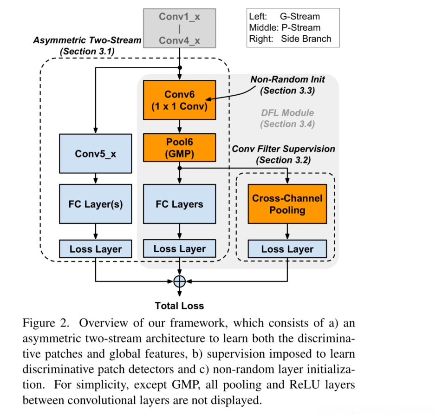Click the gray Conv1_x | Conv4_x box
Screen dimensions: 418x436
click(x=179, y=28)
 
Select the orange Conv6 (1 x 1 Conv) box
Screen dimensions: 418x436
click(x=179, y=100)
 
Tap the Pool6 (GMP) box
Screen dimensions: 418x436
click(x=179, y=146)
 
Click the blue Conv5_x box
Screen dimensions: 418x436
click(x=96, y=153)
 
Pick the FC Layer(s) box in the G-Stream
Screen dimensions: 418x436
click(x=96, y=204)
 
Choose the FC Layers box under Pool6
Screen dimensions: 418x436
click(x=179, y=204)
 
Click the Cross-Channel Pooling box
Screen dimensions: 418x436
click(x=287, y=204)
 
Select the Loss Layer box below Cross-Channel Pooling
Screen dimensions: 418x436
click(x=287, y=249)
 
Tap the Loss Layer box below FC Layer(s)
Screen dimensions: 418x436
click(x=96, y=249)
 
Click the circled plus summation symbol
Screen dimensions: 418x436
click(x=179, y=281)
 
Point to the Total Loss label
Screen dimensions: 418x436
click(x=179, y=306)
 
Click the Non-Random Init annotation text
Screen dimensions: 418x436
click(x=287, y=79)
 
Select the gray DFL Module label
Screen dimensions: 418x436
click(x=287, y=113)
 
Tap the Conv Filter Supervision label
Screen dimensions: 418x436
click(x=283, y=149)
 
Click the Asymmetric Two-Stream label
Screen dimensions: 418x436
click(x=87, y=40)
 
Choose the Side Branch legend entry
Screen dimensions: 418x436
click(x=306, y=39)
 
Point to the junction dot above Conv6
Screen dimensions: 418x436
click(x=180, y=67)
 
